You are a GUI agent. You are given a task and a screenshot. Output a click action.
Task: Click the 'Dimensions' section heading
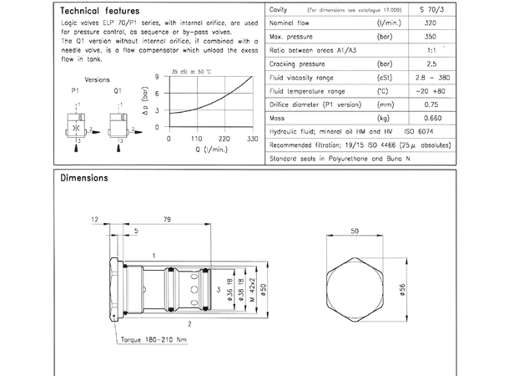click(84, 178)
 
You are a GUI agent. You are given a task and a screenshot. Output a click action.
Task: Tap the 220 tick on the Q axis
click(224, 139)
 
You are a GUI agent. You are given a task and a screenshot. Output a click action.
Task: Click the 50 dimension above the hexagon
click(354, 230)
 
